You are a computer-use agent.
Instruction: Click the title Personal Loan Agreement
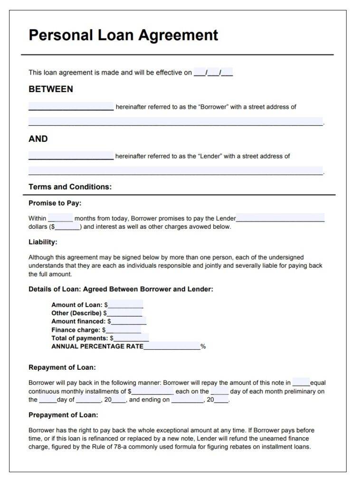click(123, 35)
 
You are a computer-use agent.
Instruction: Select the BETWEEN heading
click(51, 89)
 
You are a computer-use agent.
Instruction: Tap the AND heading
click(38, 139)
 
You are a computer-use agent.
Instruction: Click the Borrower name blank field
click(71, 107)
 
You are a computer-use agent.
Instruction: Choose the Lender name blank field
click(71, 156)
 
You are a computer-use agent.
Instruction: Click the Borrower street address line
click(175, 122)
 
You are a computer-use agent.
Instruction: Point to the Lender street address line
click(175, 171)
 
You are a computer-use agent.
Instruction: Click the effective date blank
click(213, 73)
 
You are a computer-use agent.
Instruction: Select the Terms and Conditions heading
click(70, 187)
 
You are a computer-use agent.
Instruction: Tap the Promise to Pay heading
click(55, 203)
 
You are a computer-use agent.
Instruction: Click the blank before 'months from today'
click(60, 219)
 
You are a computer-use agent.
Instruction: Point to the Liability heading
click(43, 242)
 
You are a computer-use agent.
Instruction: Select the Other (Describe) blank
click(124, 314)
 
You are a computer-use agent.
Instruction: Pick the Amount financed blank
click(128, 322)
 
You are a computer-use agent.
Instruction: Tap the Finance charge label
click(76, 330)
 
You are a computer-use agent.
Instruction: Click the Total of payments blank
click(131, 338)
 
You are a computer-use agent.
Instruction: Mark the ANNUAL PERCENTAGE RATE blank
click(171, 347)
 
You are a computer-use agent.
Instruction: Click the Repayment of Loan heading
click(62, 367)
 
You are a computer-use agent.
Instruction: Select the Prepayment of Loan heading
click(63, 415)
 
